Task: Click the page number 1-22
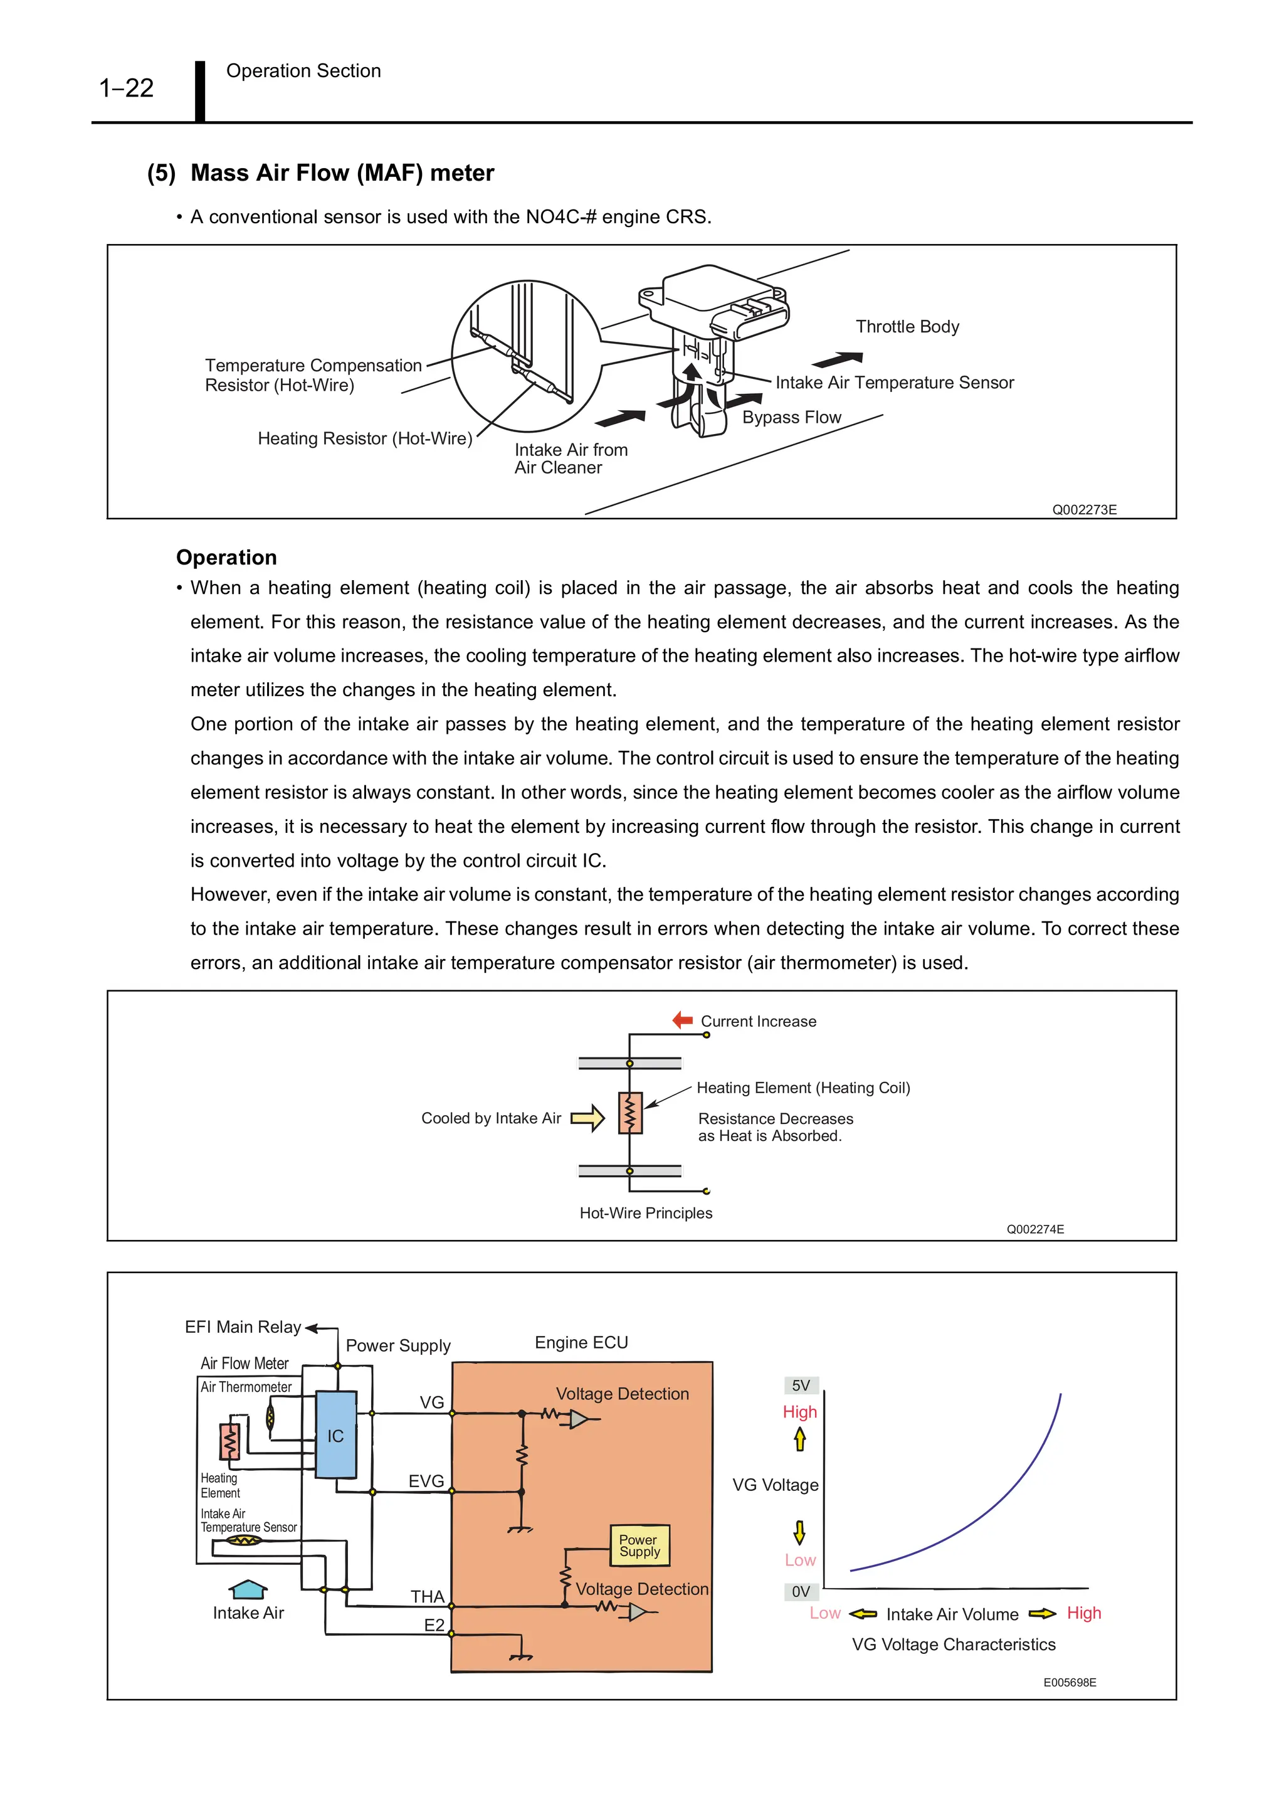point(126,88)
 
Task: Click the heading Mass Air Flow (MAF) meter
point(342,172)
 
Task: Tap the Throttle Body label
point(907,326)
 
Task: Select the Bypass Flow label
point(791,417)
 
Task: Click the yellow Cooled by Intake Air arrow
point(587,1118)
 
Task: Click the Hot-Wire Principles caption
point(646,1213)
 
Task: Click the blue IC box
point(335,1436)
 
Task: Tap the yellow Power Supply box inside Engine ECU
point(639,1545)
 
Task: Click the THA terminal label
point(427,1596)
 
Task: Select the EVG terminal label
point(426,1481)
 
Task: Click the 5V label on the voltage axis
point(801,1385)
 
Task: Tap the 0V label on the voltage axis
point(801,1591)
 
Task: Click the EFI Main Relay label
point(243,1327)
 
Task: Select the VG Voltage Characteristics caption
point(954,1645)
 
